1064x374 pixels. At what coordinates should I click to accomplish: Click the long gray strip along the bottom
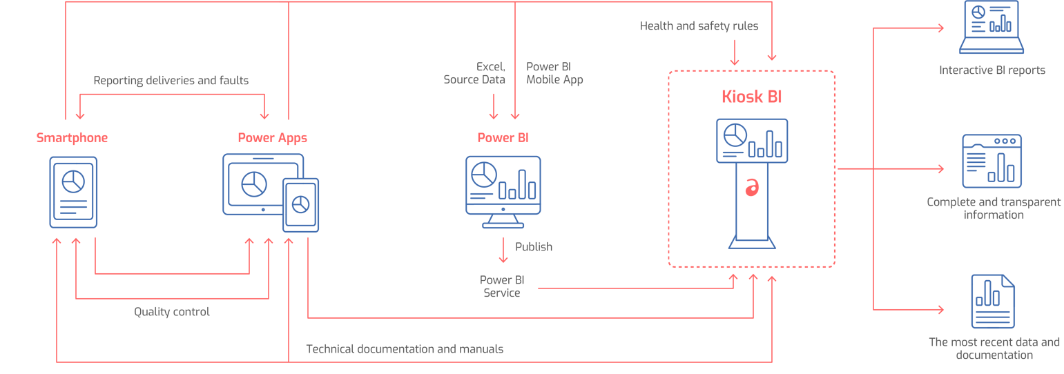pyautogui.click(x=407, y=343)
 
